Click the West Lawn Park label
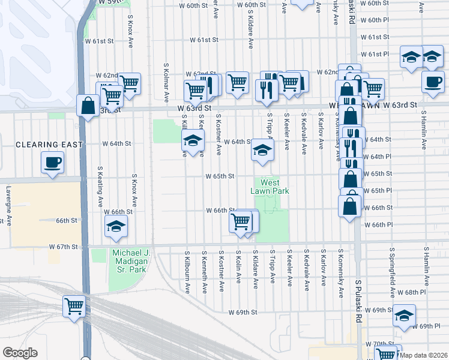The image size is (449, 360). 270,187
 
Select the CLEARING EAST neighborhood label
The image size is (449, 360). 41,145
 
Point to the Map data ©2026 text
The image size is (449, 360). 423,355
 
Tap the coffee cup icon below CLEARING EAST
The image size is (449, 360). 53,162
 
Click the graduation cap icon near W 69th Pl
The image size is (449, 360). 405,315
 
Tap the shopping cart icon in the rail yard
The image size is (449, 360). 74,306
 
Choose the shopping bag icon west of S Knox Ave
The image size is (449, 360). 88,106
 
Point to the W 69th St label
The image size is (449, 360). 243,313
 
